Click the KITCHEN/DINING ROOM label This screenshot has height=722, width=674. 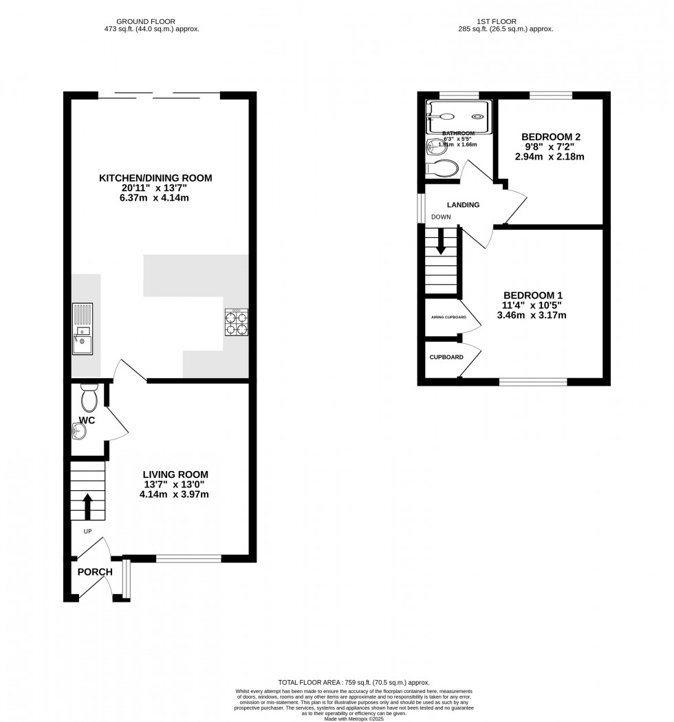tap(155, 178)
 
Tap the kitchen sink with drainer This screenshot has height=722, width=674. tap(83, 328)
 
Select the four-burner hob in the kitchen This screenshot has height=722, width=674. tap(236, 322)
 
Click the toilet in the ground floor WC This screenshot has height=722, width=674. tap(89, 398)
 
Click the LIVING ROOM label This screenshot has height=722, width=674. tap(175, 474)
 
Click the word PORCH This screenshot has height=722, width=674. tap(94, 572)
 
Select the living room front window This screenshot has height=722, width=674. tap(188, 558)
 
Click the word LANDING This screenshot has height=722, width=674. tap(463, 205)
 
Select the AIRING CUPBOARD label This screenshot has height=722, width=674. tap(448, 317)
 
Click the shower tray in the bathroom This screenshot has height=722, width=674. tap(458, 116)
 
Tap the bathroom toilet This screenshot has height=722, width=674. tap(442, 168)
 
